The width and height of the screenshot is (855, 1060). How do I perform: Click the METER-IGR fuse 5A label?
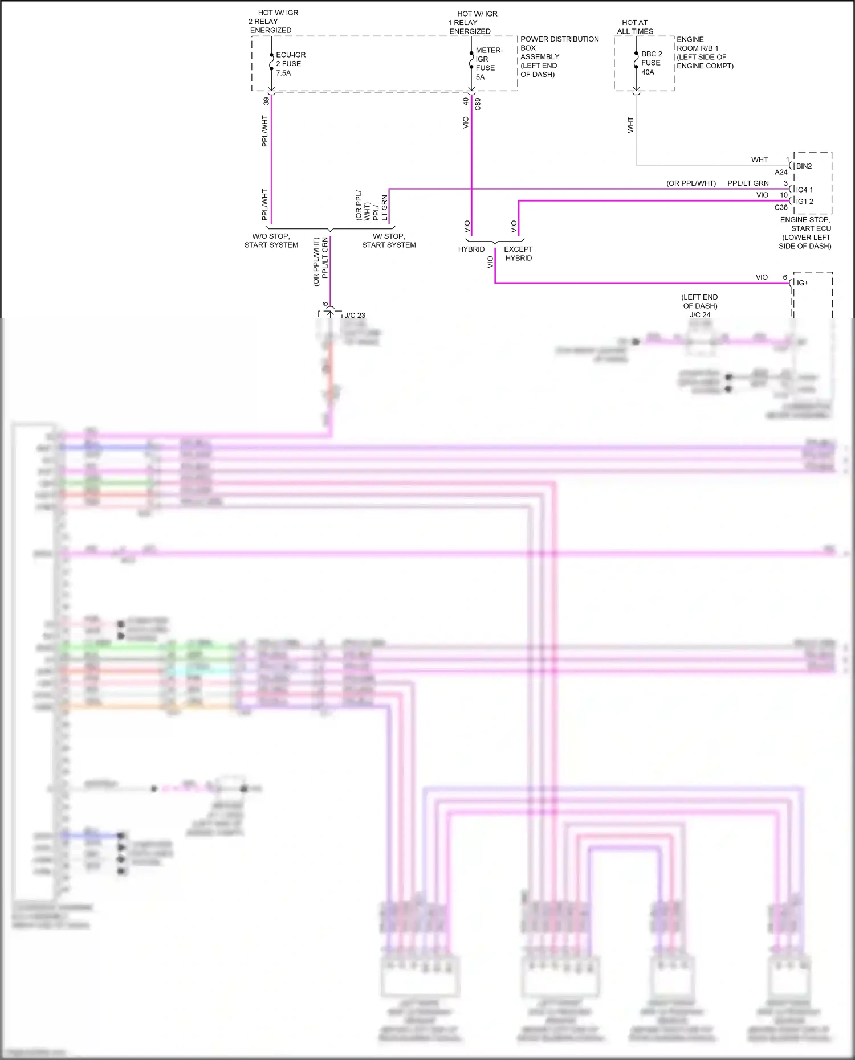pyautogui.click(x=488, y=63)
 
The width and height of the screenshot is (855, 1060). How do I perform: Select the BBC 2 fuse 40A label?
pyautogui.click(x=651, y=63)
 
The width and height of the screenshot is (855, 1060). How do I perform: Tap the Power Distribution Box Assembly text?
pyautogui.click(x=559, y=56)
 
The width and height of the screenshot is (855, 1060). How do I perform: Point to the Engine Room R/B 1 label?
pyautogui.click(x=704, y=53)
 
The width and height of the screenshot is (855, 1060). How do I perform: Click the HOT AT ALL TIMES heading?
pyautogui.click(x=635, y=27)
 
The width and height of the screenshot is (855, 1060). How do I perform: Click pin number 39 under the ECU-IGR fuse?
pyautogui.click(x=266, y=101)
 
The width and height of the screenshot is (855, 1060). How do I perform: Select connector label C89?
pyautogui.click(x=478, y=104)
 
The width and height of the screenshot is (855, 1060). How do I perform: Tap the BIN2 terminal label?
pyautogui.click(x=804, y=166)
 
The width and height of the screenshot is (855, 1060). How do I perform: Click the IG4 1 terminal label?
pyautogui.click(x=804, y=190)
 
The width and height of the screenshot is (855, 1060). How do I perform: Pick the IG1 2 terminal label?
pyautogui.click(x=804, y=202)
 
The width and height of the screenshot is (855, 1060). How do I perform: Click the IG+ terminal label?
pyautogui.click(x=802, y=283)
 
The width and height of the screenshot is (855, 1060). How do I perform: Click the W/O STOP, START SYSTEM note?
pyautogui.click(x=271, y=240)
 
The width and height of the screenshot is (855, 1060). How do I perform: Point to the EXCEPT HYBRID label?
pyautogui.click(x=518, y=253)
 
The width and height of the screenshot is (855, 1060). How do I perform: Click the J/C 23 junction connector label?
pyautogui.click(x=355, y=315)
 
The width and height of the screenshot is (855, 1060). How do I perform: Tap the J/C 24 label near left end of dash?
pyautogui.click(x=699, y=314)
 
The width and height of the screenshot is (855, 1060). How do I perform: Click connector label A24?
pyautogui.click(x=781, y=172)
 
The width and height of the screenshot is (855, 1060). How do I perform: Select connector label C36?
pyautogui.click(x=781, y=207)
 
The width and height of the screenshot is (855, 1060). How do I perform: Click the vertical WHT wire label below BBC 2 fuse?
pyautogui.click(x=630, y=125)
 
